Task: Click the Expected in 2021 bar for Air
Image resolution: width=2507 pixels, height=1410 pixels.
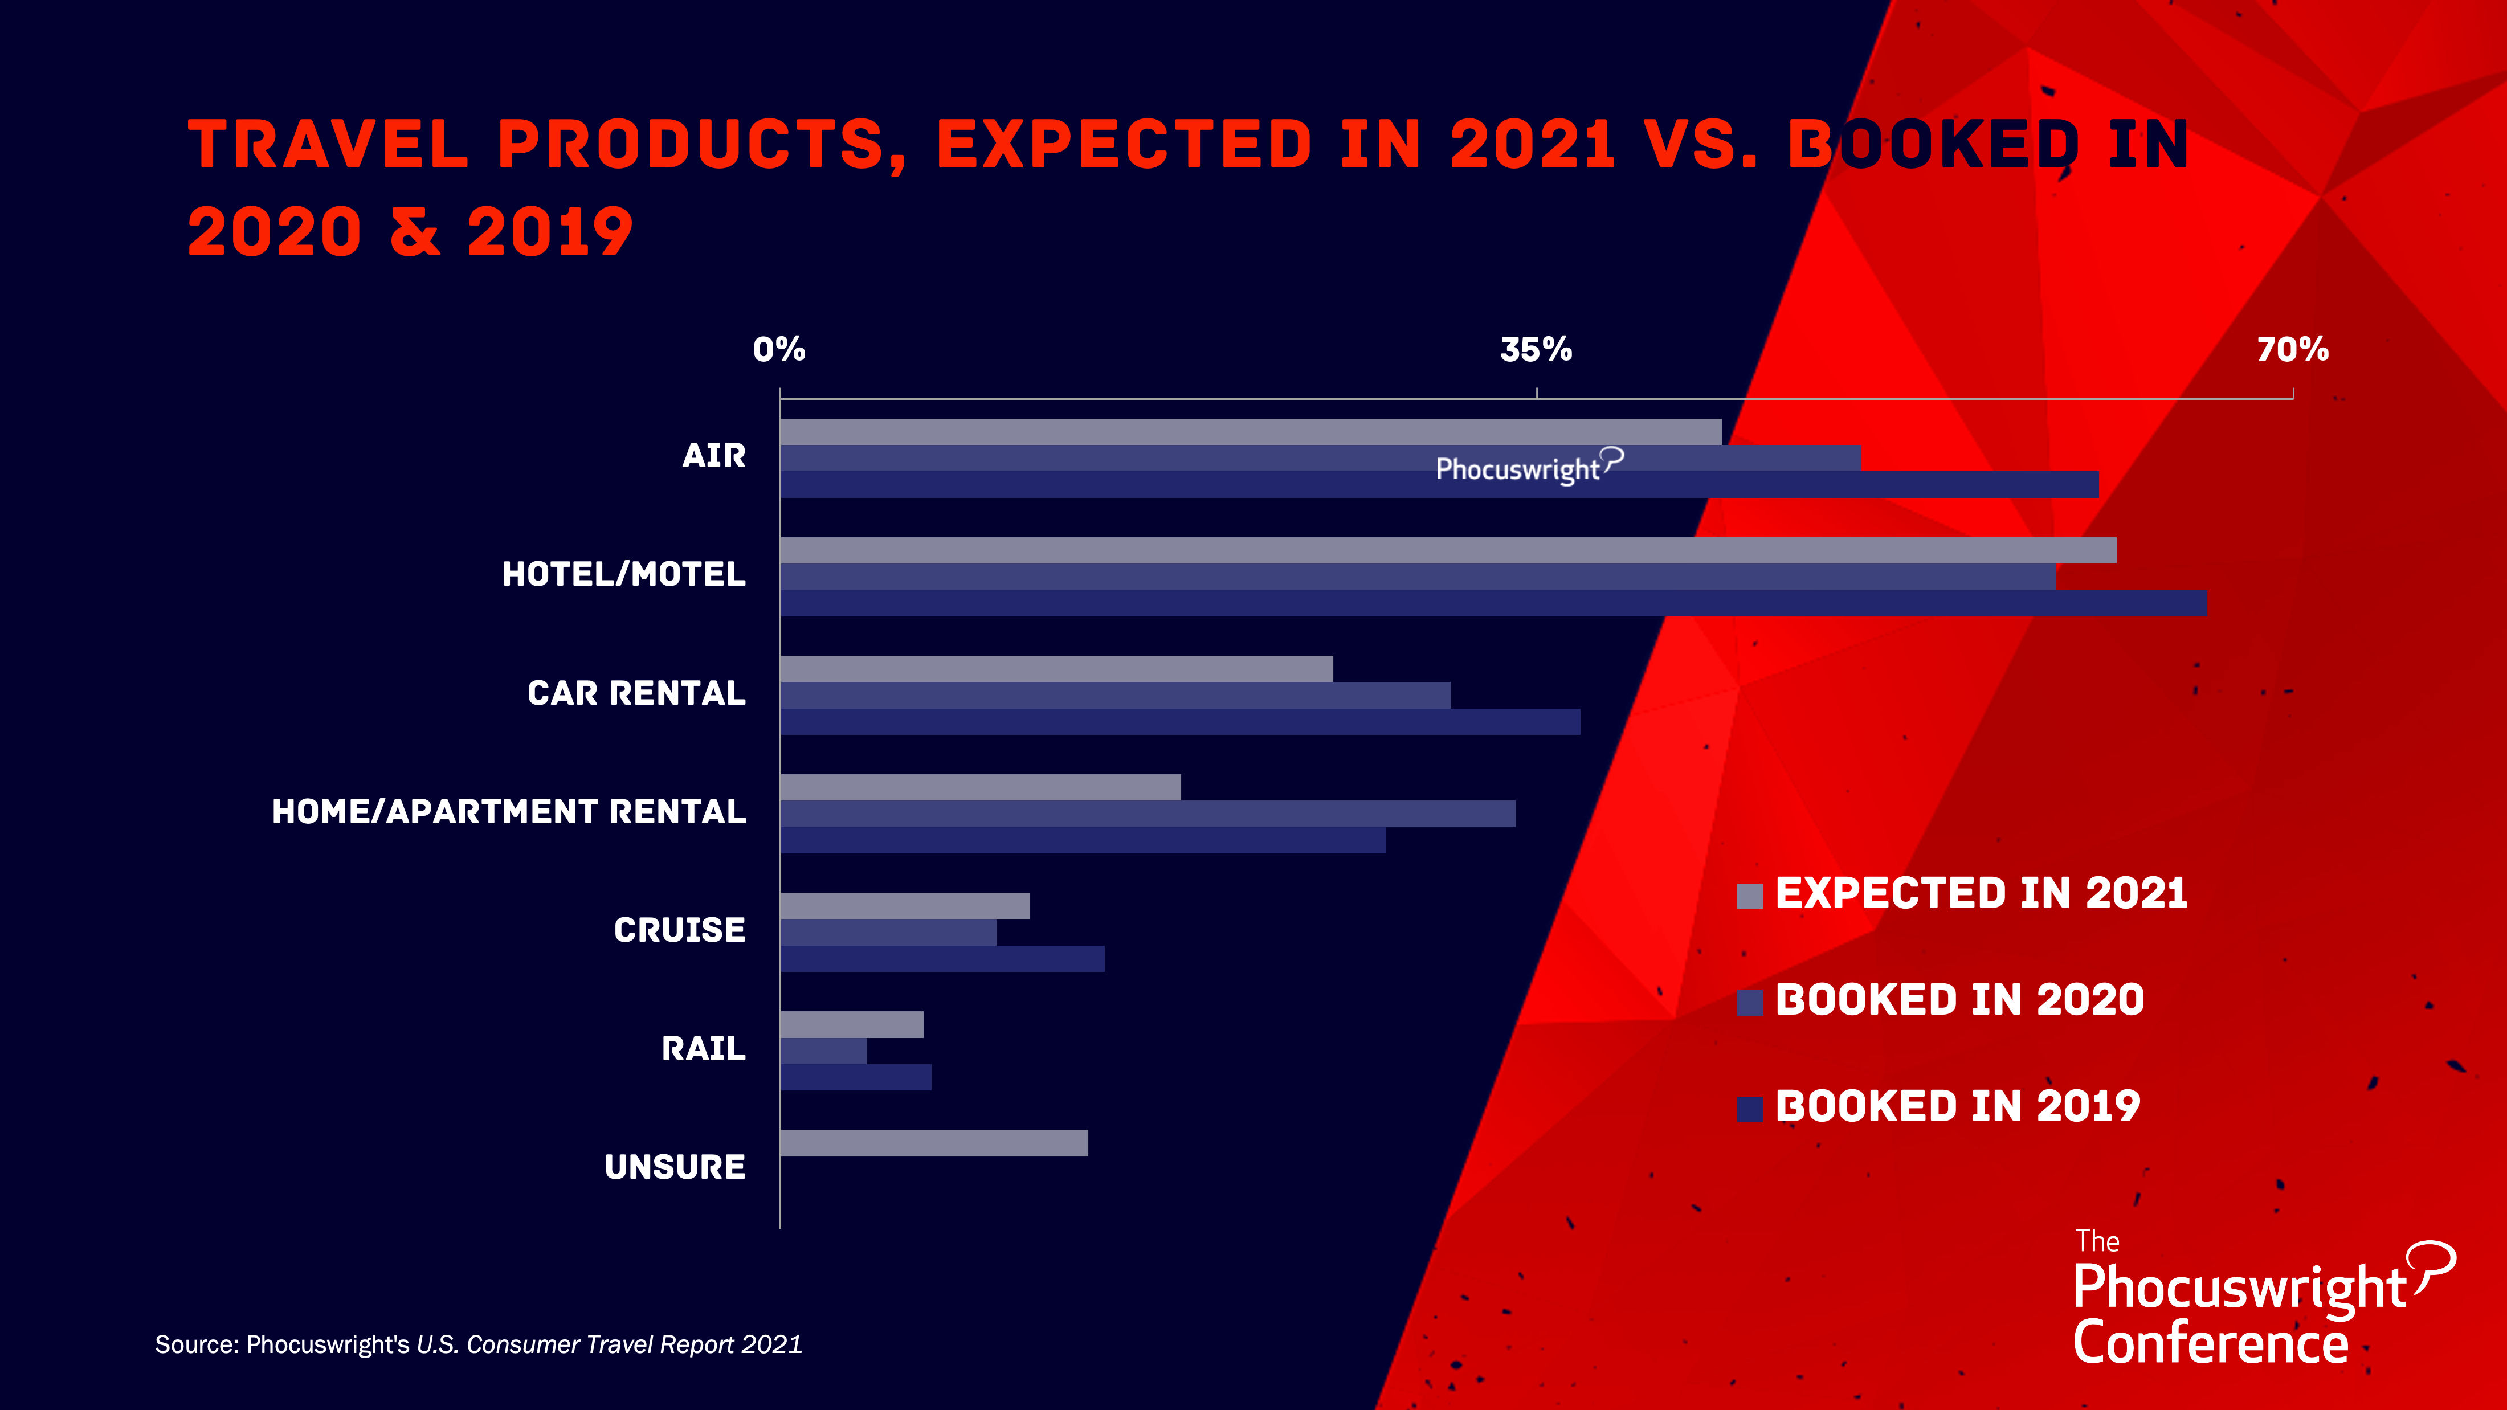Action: click(1251, 432)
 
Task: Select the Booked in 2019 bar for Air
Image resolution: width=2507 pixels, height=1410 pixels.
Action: click(1439, 485)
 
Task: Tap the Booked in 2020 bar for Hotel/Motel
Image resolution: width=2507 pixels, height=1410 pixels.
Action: click(1418, 577)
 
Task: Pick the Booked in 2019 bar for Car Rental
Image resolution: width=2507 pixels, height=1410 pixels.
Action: click(1181, 722)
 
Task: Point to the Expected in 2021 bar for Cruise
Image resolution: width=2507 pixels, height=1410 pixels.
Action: click(905, 906)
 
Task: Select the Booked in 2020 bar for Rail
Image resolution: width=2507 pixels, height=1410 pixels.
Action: click(823, 1051)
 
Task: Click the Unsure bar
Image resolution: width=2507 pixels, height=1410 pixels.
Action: click(934, 1143)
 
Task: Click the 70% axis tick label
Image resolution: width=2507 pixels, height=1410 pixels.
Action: click(2293, 349)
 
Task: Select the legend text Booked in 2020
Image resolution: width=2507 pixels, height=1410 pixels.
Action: click(1960, 999)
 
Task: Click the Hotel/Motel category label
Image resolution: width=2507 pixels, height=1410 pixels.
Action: click(624, 574)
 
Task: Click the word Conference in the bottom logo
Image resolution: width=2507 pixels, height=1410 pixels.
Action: click(2211, 1344)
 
